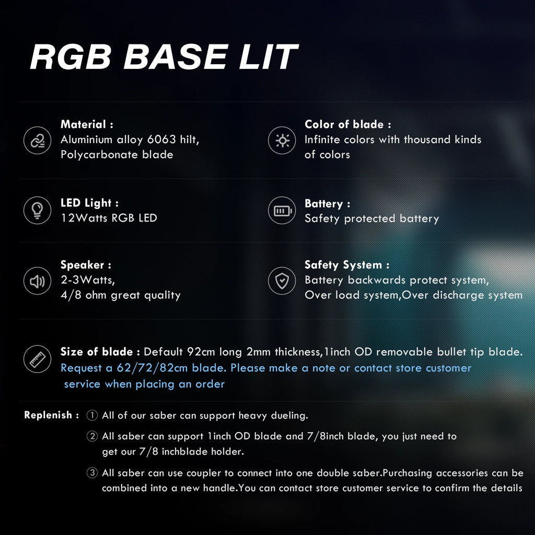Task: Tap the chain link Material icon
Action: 37,141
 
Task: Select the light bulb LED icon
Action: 37,210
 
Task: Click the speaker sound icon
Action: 37,281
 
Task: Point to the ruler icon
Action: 37,359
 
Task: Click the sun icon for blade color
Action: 282,141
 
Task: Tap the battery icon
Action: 282,211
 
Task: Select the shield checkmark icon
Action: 282,281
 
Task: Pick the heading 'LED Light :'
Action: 89,203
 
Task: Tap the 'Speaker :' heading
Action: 86,265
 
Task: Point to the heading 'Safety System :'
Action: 347,265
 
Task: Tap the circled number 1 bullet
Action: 92,415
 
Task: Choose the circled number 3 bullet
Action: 92,472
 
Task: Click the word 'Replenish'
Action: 48,415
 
